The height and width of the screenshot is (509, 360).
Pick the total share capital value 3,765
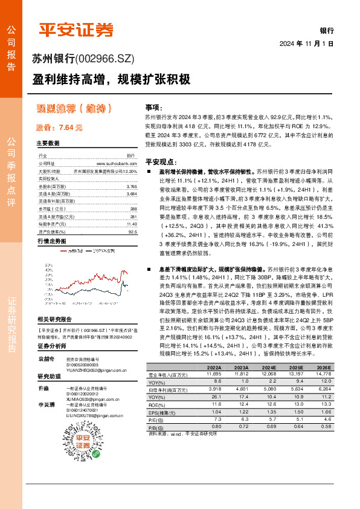point(132,187)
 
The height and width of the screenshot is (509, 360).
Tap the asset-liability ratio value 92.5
point(133,230)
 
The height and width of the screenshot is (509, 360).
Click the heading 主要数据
point(48,144)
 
